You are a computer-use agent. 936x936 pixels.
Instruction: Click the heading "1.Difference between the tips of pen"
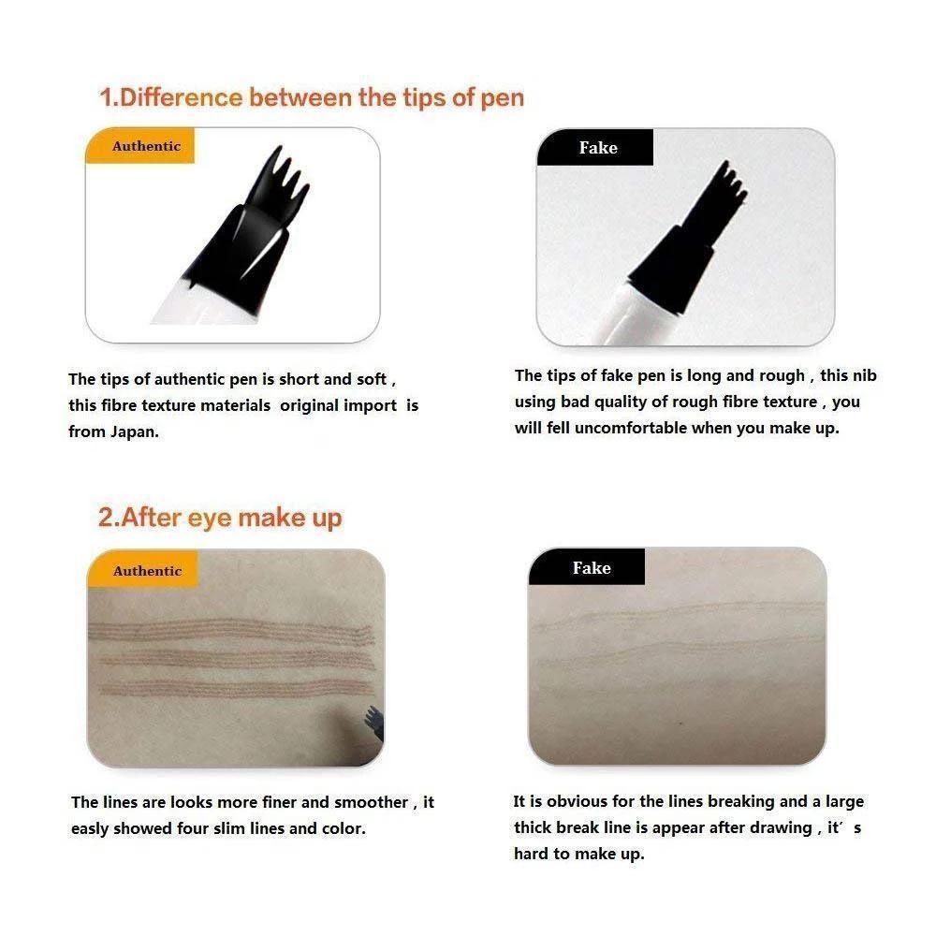tap(312, 97)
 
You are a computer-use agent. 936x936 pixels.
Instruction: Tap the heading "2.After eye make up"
tap(220, 518)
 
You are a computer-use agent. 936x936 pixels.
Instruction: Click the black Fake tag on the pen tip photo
tap(596, 148)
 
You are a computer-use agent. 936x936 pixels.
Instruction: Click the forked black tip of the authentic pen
tap(276, 168)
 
